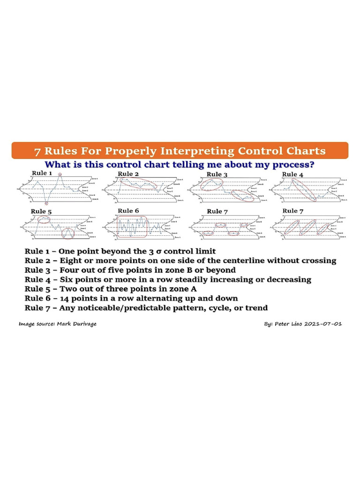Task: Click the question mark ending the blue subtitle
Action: [x=311, y=165]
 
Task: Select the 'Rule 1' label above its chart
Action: [x=42, y=173]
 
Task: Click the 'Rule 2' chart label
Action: [x=128, y=173]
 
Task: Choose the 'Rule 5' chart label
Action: [x=41, y=211]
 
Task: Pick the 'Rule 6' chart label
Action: [x=128, y=211]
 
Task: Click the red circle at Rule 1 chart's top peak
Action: [x=60, y=174]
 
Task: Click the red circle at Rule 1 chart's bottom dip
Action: [x=46, y=204]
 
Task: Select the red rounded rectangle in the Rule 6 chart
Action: [x=132, y=226]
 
